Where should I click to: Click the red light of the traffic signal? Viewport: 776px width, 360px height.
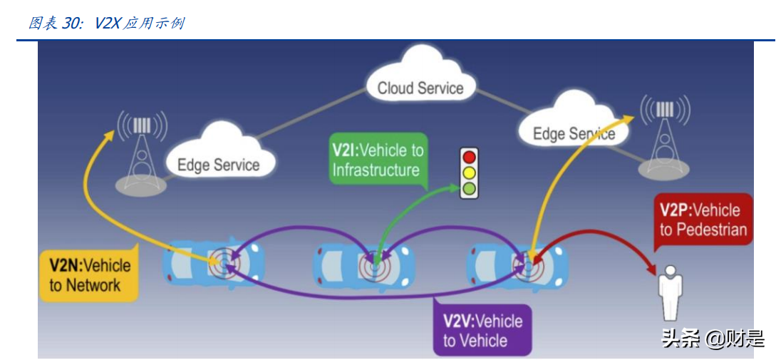pos(469,157)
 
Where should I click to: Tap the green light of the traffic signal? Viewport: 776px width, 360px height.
pos(469,189)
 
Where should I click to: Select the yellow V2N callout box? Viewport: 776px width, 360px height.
pos(89,275)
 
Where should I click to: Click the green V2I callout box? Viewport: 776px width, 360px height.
pos(378,160)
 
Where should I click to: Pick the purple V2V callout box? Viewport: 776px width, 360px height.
pos(482,330)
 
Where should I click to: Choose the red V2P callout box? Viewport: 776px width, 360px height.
pos(703,220)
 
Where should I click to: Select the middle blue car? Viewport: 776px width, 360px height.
pos(363,264)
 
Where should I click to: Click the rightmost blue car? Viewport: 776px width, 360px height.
pos(517,264)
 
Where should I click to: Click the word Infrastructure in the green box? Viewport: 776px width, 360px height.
pos(375,170)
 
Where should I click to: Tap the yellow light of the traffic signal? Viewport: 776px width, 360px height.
pos(469,173)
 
